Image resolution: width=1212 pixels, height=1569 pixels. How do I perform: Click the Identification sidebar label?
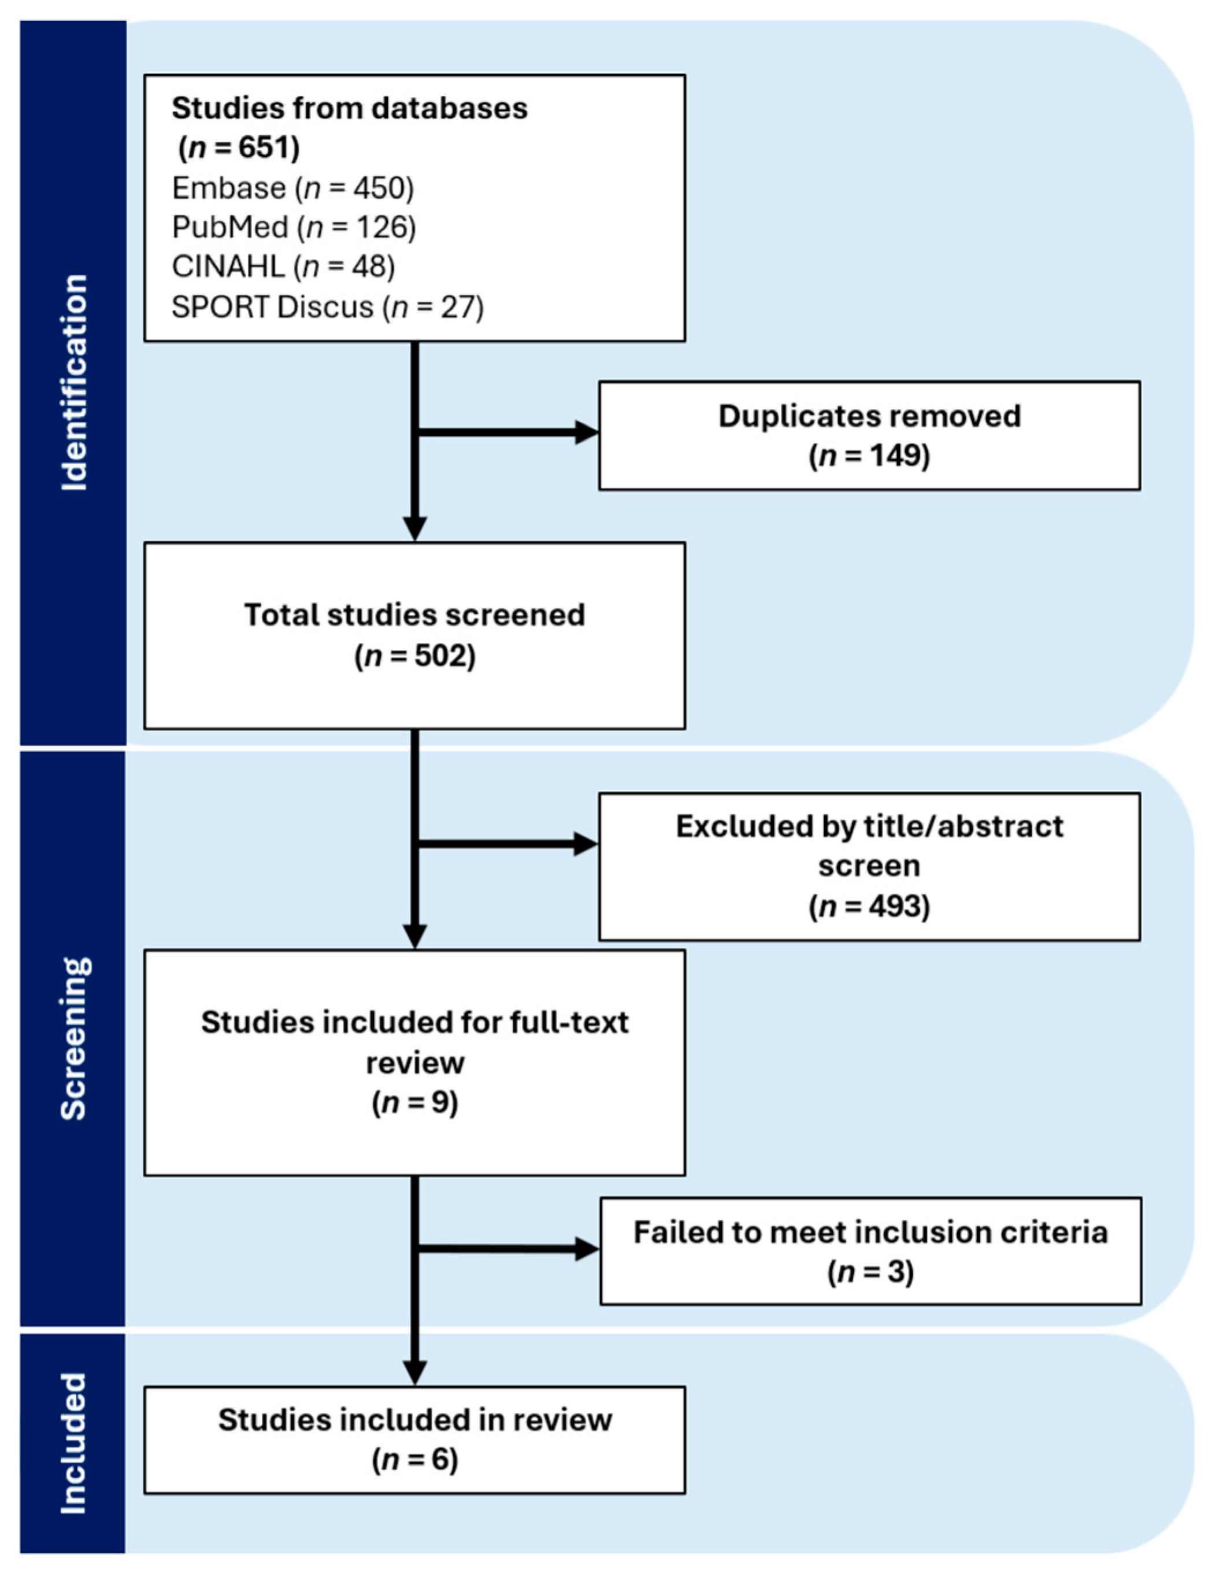pyautogui.click(x=74, y=382)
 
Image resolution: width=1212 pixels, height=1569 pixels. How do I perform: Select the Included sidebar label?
pyautogui.click(x=74, y=1444)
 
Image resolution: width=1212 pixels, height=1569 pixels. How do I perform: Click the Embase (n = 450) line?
pyautogui.click(x=293, y=188)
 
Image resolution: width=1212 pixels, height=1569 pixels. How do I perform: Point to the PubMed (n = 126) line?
pyautogui.click(x=294, y=228)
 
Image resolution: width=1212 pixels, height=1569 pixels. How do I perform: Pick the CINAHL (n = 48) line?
pyautogui.click(x=283, y=267)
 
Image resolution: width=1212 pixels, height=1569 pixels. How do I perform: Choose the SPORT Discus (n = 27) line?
pyautogui.click(x=328, y=307)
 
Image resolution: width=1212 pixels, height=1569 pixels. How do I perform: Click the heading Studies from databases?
pyautogui.click(x=349, y=109)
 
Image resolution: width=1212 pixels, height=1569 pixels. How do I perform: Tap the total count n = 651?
pyautogui.click(x=239, y=148)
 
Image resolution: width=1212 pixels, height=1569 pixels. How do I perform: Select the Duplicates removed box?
pyautogui.click(x=869, y=435)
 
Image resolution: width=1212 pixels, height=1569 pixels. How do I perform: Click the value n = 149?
pyautogui.click(x=869, y=456)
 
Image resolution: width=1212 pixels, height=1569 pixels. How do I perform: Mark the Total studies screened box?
pyautogui.click(x=414, y=636)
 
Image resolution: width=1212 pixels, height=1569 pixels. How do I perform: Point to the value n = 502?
pyautogui.click(x=414, y=656)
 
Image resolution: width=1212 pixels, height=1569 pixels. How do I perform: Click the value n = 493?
pyautogui.click(x=869, y=906)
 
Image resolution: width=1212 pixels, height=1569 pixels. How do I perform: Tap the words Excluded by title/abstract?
pyautogui.click(x=869, y=826)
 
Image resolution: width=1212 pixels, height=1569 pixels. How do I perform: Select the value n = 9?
pyautogui.click(x=414, y=1102)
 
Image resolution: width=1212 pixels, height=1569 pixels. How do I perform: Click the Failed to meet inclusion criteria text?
pyautogui.click(x=870, y=1232)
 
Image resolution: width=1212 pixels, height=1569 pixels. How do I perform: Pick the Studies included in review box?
pyautogui.click(x=414, y=1440)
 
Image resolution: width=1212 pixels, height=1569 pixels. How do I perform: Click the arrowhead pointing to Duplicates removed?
pyautogui.click(x=586, y=432)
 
